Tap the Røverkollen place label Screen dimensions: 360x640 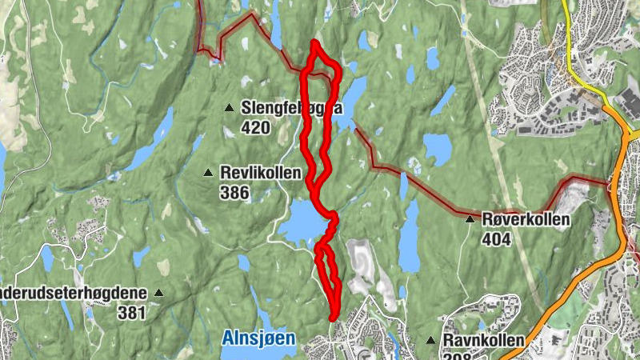pyautogui.click(x=526, y=219)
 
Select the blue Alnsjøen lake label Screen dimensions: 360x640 pyautogui.click(x=258, y=338)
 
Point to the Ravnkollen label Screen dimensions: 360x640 pyautogui.click(x=484, y=341)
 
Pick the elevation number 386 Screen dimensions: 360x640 pyautogui.click(x=234, y=193)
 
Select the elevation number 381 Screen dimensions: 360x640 pyautogui.click(x=132, y=313)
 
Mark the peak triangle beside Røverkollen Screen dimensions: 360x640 pyautogui.click(x=470, y=218)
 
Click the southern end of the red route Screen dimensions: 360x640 pyautogui.click(x=333, y=318)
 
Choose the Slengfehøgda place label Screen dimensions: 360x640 pyautogui.click(x=291, y=107)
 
